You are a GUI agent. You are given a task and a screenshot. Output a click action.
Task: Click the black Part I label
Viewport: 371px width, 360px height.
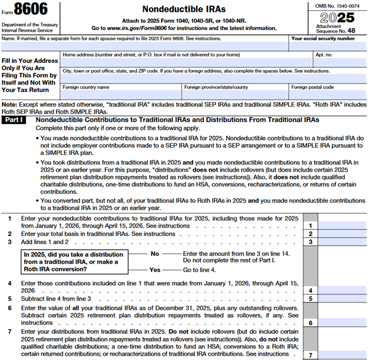pos(17,120)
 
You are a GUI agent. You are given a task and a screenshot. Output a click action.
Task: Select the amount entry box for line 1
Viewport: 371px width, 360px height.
pos(343,226)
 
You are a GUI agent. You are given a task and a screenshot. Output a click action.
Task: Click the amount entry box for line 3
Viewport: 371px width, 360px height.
pos(343,242)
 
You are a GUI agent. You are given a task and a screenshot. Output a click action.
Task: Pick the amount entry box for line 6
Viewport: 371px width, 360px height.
pos(343,322)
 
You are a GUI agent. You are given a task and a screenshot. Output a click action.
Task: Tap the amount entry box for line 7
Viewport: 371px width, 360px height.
pos(343,355)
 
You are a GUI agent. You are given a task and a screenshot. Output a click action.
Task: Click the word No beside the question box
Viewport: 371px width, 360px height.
pos(156,253)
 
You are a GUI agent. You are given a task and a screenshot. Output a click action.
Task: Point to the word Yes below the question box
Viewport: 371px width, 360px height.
pos(155,269)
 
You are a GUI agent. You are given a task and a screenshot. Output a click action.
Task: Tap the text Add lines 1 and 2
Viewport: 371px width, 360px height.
pos(45,242)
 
